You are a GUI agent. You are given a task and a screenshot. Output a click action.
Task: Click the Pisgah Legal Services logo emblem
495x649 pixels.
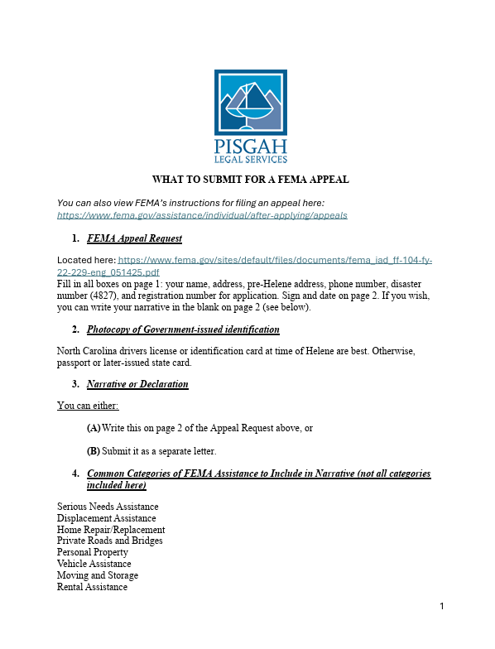251,102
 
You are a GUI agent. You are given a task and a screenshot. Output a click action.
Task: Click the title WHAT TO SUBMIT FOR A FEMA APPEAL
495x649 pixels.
251,180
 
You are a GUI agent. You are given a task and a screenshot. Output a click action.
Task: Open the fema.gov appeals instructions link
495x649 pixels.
202,215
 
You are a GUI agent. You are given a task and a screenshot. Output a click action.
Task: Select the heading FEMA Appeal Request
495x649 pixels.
134,238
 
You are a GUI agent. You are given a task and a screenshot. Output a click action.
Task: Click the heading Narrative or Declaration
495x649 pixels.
137,384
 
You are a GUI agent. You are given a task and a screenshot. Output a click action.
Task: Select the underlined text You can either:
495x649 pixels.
88,406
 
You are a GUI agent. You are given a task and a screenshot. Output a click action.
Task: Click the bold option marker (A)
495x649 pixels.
94,428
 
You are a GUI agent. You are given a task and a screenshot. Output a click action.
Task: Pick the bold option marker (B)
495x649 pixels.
94,451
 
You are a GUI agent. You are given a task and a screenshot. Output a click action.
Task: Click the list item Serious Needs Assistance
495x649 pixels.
108,507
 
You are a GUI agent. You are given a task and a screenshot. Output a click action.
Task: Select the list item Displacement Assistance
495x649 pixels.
106,518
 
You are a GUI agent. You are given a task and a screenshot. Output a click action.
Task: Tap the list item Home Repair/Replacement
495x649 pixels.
111,530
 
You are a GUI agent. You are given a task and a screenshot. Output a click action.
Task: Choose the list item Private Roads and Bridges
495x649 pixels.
109,541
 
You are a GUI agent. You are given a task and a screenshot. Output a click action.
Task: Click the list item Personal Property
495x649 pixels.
93,552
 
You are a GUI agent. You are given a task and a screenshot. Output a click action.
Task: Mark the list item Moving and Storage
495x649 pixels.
98,575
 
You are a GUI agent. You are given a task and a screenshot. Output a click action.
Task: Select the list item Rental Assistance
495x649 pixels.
92,587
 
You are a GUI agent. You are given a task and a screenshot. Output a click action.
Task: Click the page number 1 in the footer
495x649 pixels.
442,607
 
